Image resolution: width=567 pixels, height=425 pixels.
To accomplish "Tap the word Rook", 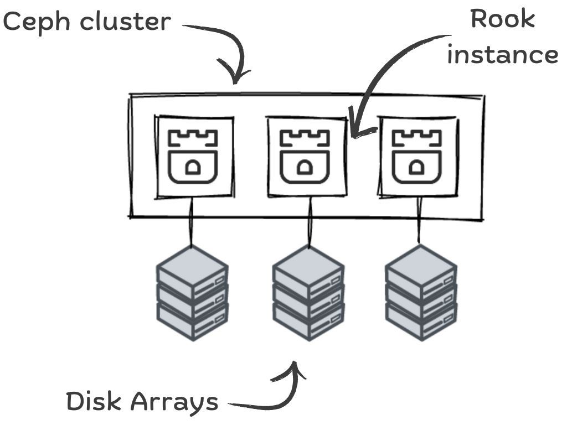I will tap(502, 19).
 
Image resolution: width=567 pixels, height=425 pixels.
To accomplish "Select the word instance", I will tap(502, 54).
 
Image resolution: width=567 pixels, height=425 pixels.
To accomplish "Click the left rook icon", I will tap(193, 156).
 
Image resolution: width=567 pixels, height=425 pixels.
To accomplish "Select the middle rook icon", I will tap(305, 156).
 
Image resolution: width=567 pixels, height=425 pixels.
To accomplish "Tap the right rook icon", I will tap(417, 156).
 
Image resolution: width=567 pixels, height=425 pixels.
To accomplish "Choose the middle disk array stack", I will tap(308, 293).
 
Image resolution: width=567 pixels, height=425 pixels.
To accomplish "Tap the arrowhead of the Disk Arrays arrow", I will tap(296, 367).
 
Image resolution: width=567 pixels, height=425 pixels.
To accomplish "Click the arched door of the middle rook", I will tap(304, 168).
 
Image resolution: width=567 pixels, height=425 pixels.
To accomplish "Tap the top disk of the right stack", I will tap(421, 268).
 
